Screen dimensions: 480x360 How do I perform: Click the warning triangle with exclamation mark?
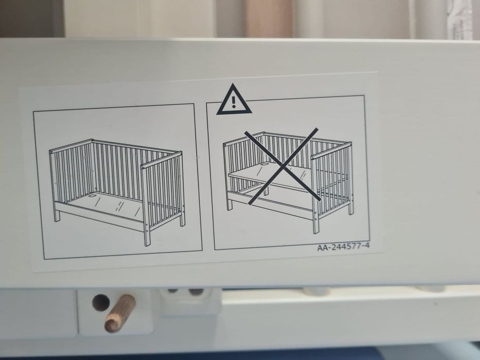click(234, 101)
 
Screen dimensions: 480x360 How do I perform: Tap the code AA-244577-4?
click(343, 247)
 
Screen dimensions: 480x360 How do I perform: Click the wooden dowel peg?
click(120, 313)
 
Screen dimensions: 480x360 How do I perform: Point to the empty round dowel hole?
click(101, 302)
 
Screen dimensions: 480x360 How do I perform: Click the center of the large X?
click(284, 167)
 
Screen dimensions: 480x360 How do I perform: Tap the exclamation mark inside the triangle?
click(234, 102)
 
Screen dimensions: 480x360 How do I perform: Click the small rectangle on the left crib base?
click(92, 195)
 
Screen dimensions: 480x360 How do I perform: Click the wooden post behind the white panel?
click(269, 19)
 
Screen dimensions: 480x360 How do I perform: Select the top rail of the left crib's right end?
click(162, 160)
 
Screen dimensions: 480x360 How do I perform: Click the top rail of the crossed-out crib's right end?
click(331, 151)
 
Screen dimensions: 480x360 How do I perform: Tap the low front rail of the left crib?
click(99, 216)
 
